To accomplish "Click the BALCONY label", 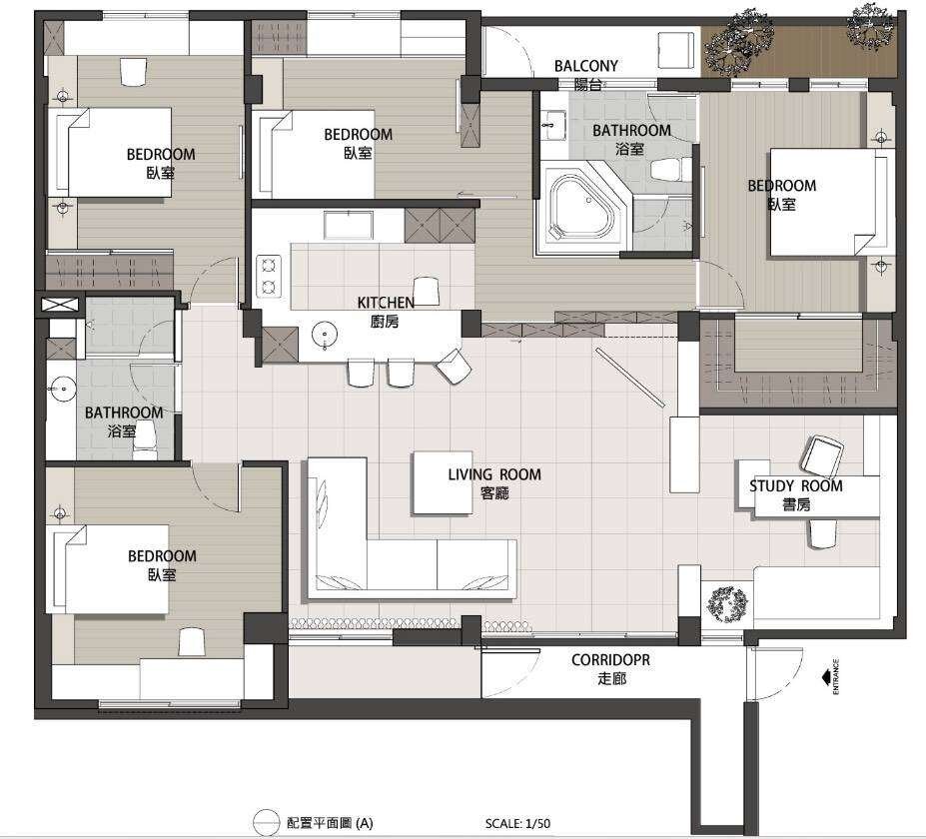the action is point(585,66).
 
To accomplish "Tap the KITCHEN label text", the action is point(386,303).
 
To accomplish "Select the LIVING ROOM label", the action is point(494,474).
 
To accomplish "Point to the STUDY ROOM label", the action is point(795,486).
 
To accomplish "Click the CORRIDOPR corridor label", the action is point(610,659).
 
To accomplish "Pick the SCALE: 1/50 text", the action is point(517,823).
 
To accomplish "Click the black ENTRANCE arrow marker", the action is point(826,676).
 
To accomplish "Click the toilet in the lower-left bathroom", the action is point(144,439).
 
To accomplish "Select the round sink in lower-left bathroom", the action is point(61,391).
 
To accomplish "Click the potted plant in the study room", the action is point(727,604).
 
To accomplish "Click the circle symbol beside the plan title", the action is point(266,823).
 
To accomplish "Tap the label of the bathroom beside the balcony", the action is point(631,139).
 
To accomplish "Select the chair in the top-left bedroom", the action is point(134,72).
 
